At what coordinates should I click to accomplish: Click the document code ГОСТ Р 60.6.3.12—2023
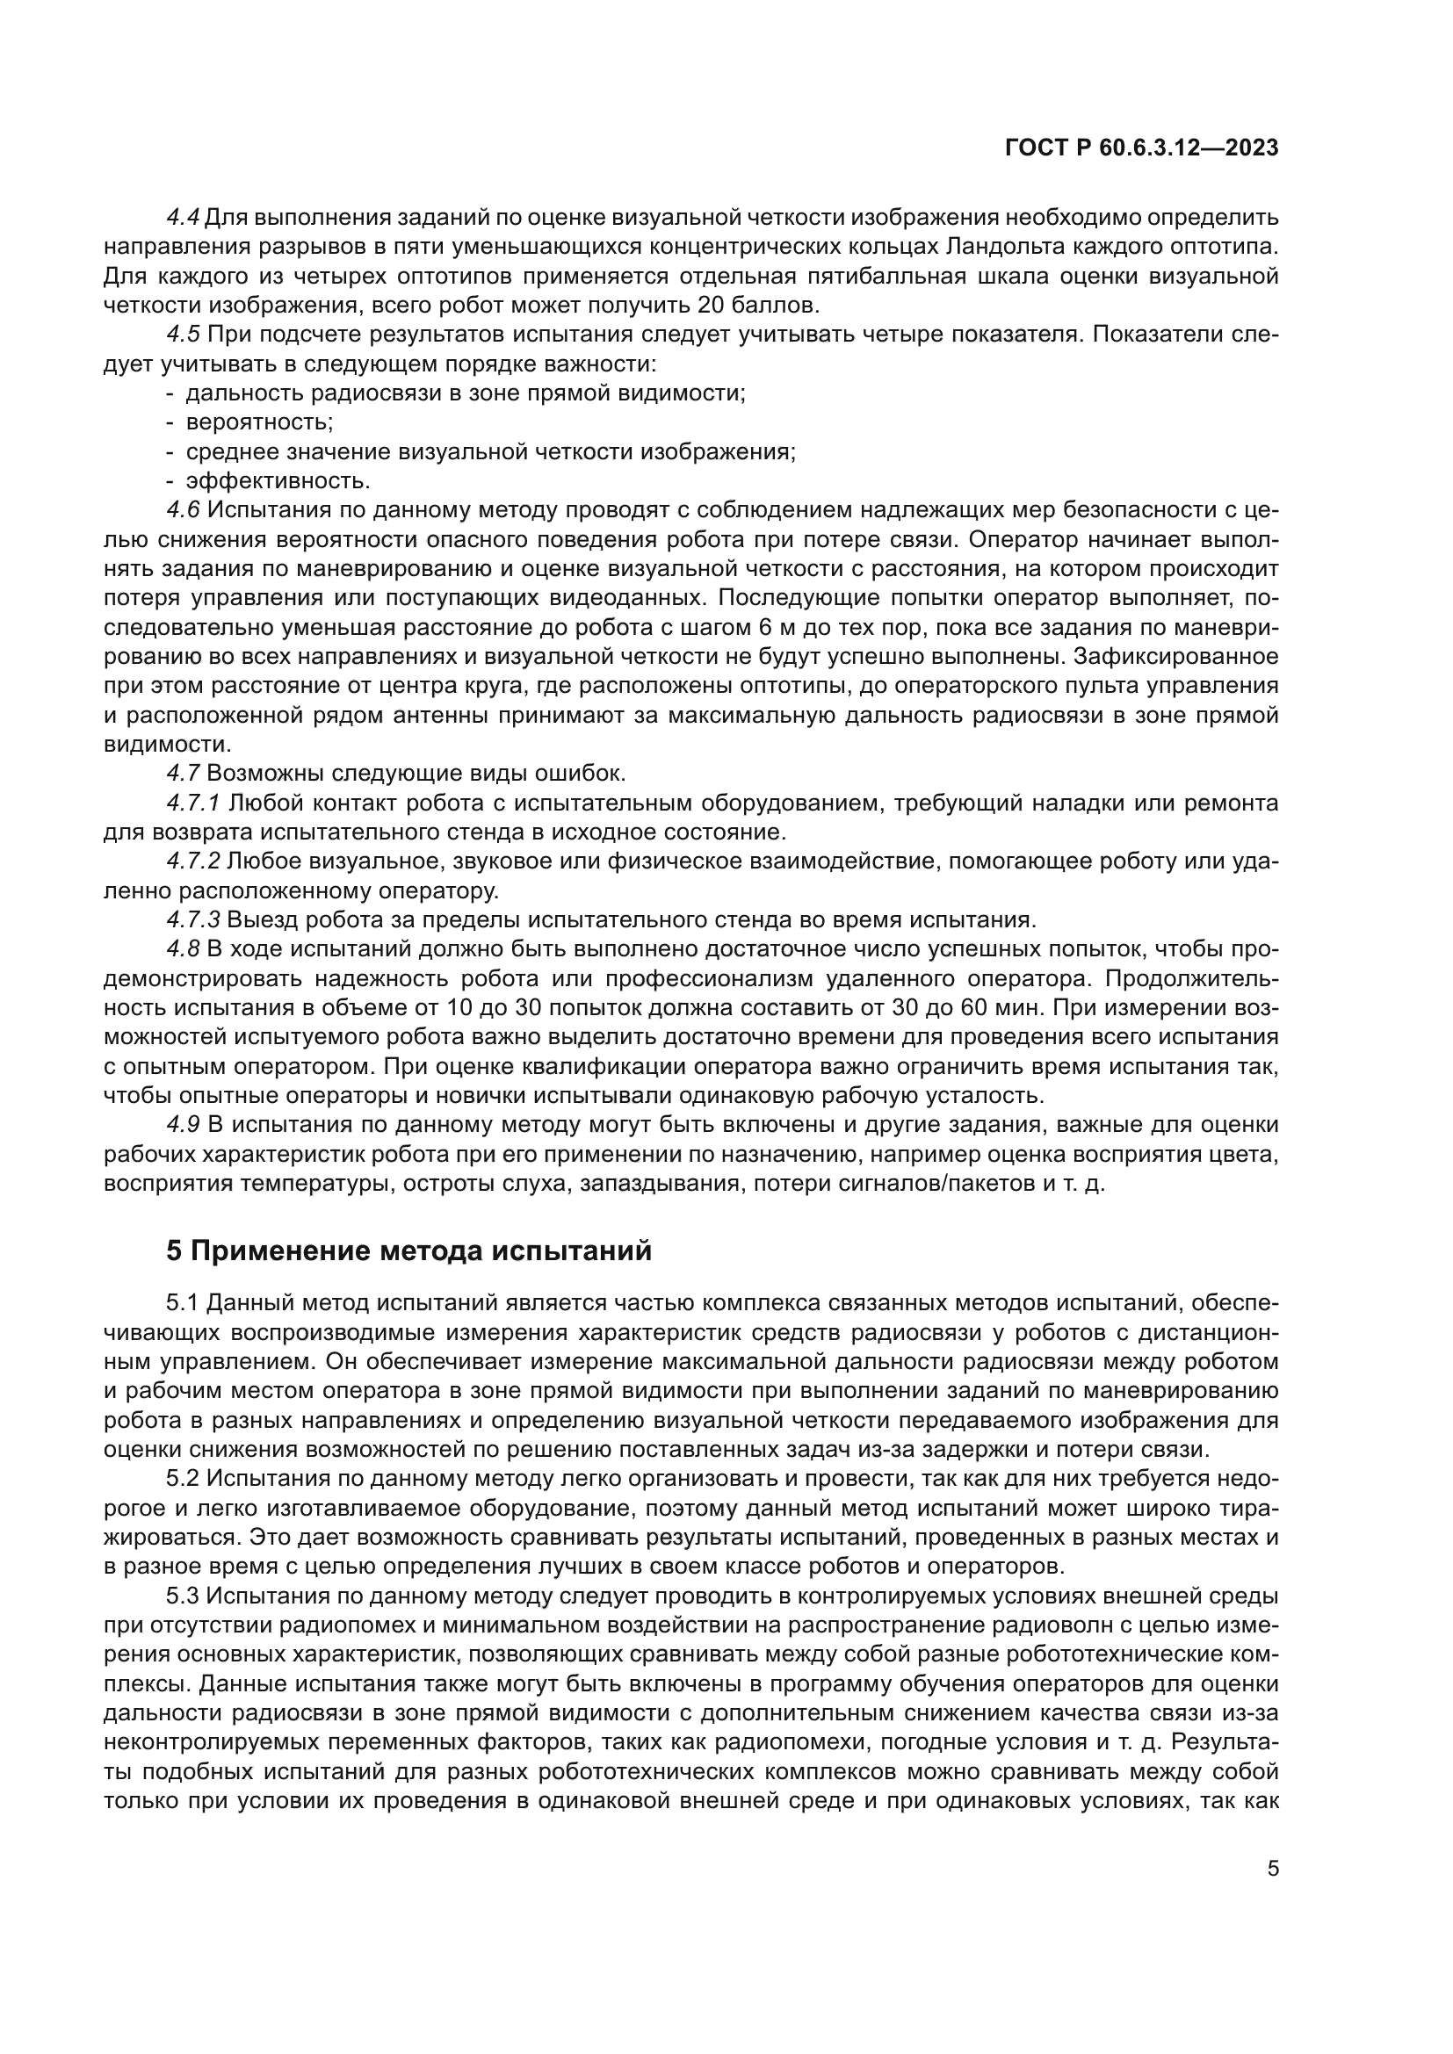point(1142,148)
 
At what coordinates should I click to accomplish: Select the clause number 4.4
point(184,218)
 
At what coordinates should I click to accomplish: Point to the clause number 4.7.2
point(193,861)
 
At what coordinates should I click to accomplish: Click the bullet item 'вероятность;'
point(259,422)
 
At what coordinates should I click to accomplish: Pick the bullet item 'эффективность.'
point(278,481)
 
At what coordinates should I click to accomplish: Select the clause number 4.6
point(184,510)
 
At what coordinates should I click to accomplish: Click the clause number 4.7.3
point(193,919)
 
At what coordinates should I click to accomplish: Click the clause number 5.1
point(184,1303)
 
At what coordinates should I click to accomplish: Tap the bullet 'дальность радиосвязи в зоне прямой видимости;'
point(466,393)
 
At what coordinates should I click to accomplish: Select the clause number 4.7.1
point(193,804)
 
